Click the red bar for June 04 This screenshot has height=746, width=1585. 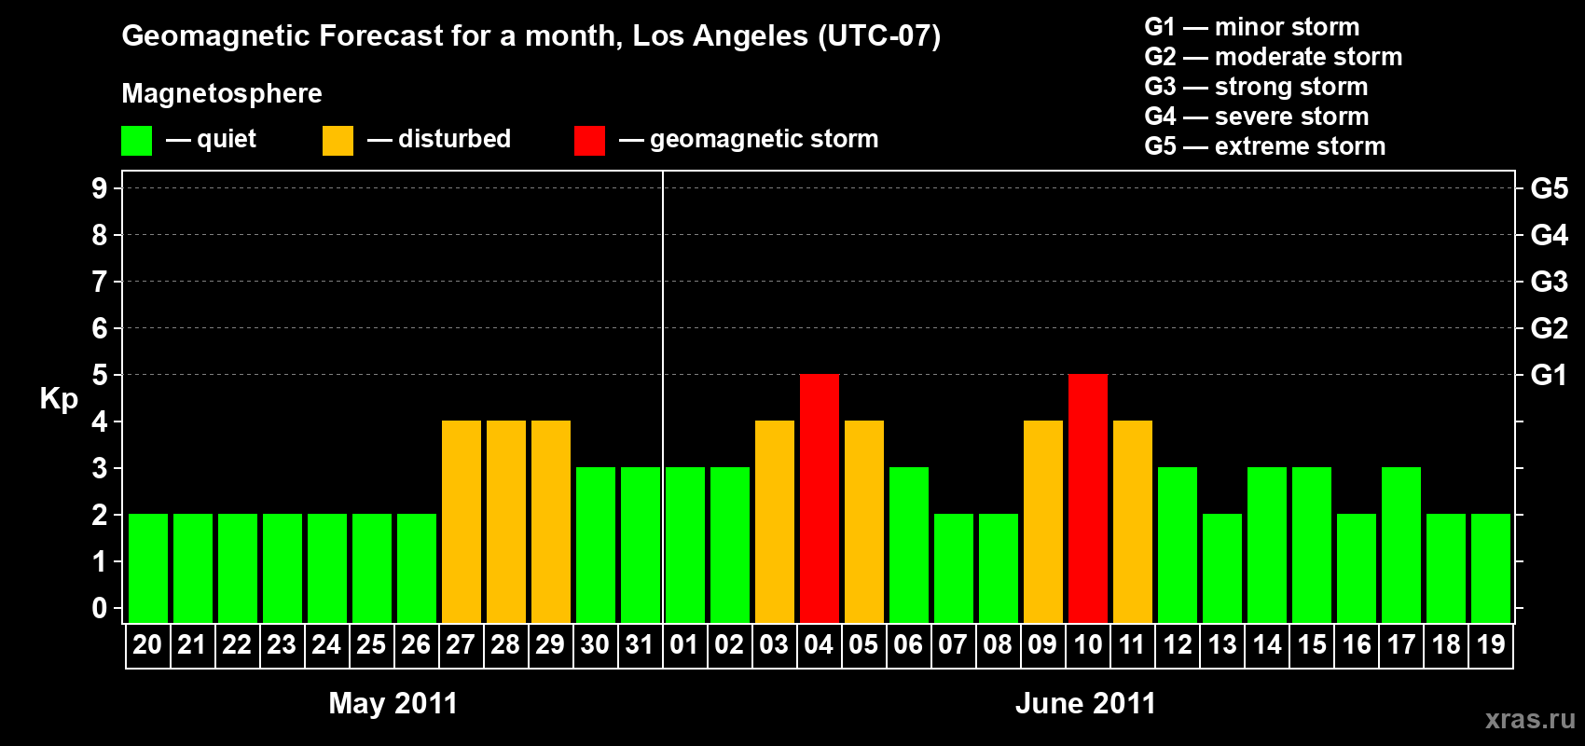click(820, 498)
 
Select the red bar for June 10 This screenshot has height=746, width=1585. click(1088, 498)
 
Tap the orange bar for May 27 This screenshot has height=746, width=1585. click(462, 521)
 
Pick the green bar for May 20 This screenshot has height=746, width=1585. click(148, 568)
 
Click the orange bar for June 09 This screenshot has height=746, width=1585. click(1043, 521)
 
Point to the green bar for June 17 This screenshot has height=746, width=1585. click(1401, 545)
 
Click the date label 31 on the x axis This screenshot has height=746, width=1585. click(640, 644)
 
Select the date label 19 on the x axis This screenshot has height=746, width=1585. click(1491, 644)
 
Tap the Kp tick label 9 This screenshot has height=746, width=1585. click(100, 188)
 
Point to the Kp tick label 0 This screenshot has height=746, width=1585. click(100, 608)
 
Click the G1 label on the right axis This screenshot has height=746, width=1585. click(1549, 375)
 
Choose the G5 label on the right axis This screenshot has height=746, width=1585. click(1549, 188)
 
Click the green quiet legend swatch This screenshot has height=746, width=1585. click(137, 141)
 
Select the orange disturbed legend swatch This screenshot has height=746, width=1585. click(338, 141)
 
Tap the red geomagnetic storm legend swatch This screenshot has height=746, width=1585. click(589, 141)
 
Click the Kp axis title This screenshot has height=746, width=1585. click(59, 399)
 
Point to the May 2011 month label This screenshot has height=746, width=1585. click(393, 703)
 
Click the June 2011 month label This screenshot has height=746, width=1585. click(1085, 703)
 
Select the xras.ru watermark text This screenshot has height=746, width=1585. click(1529, 719)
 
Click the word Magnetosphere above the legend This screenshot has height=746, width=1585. click(222, 93)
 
